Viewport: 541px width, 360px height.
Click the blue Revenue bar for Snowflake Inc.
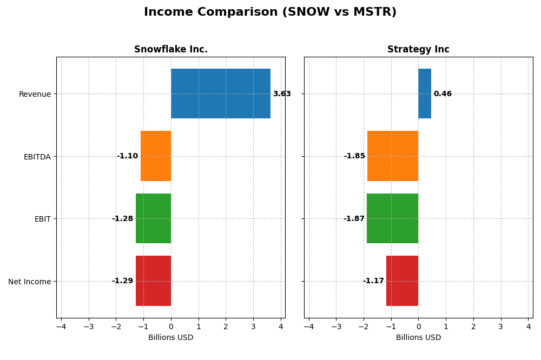pos(221,94)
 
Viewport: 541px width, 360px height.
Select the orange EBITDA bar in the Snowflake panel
pos(156,156)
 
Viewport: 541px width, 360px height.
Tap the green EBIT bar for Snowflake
pos(153,218)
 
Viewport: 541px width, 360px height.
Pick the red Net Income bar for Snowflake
pos(153,281)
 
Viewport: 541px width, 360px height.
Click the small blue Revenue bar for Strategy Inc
pos(425,94)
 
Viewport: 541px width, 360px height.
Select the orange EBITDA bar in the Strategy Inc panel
pos(393,156)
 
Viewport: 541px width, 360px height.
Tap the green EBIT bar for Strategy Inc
pos(392,218)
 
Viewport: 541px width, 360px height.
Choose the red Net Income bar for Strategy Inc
pos(402,281)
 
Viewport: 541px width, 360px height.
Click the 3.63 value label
pos(281,94)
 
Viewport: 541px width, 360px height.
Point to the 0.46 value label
pos(443,94)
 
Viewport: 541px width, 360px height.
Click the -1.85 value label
pos(354,156)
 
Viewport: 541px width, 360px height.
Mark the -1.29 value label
pos(122,281)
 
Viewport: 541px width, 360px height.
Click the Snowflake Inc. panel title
pos(171,50)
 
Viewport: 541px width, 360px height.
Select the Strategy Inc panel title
pos(418,50)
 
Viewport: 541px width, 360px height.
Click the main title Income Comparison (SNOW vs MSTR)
pos(270,12)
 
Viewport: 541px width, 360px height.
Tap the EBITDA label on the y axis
pos(37,157)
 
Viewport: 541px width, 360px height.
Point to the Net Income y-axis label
pos(29,282)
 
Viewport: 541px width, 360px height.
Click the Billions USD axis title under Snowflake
pos(170,338)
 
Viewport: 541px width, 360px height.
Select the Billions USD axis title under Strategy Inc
pos(418,338)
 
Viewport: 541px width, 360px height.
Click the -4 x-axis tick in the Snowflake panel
pos(61,326)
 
